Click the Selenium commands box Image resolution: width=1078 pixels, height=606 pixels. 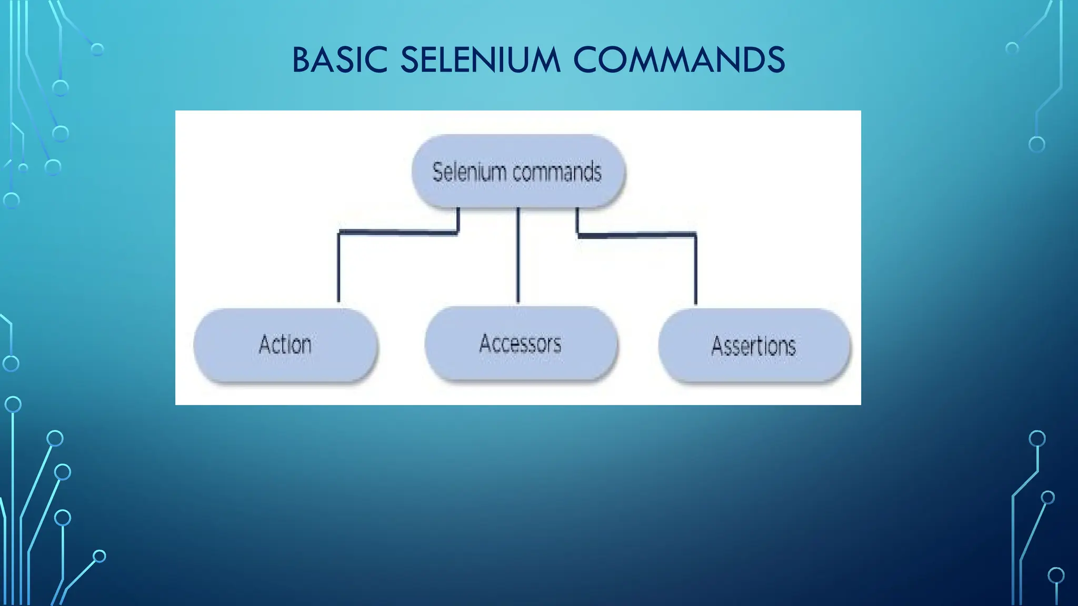(518, 172)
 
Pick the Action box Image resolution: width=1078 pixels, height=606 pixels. (286, 345)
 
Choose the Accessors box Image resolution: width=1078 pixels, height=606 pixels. (521, 344)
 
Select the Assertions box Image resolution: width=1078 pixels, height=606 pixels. (754, 346)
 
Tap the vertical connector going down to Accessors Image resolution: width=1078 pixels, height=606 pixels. (518, 255)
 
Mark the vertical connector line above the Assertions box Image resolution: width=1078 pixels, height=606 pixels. (695, 269)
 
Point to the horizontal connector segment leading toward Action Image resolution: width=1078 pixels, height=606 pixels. (398, 231)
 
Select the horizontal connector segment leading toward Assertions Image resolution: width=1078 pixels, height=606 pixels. (637, 235)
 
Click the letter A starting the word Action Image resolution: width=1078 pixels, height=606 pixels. (265, 345)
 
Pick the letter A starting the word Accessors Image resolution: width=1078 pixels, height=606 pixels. (485, 344)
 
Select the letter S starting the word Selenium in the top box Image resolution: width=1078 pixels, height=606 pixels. (437, 172)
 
